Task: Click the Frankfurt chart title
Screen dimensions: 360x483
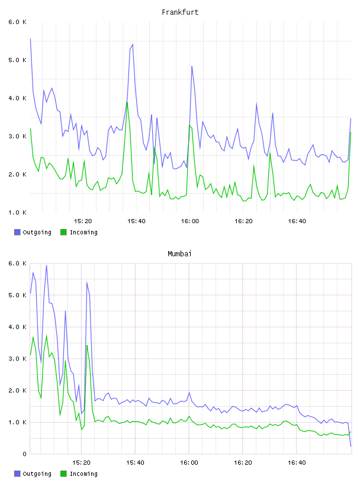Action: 180,12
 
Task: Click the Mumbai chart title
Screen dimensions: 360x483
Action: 179,253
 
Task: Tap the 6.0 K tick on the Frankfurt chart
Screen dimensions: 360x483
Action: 17,22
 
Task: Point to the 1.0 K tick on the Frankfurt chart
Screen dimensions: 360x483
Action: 17,212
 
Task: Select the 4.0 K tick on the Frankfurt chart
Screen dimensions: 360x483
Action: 17,98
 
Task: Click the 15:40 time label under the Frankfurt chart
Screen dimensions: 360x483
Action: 136,221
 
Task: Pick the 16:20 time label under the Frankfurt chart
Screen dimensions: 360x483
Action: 243,221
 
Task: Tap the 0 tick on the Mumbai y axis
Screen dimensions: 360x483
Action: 24,454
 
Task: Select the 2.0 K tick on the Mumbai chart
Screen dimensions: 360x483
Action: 17,390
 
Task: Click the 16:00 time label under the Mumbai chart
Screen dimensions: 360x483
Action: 189,462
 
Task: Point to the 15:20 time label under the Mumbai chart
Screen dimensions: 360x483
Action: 81,462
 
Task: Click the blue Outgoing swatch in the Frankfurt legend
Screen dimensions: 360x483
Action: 17,232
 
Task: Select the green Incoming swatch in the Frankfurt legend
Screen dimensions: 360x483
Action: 63,232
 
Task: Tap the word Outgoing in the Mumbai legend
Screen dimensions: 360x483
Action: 37,474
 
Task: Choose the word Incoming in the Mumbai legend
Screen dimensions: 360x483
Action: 83,474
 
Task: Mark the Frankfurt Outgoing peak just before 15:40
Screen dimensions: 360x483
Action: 133,44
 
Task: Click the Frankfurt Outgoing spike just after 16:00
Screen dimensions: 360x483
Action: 192,66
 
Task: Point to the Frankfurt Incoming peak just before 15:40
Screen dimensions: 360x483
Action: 127,102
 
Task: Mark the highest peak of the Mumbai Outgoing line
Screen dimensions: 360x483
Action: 47,265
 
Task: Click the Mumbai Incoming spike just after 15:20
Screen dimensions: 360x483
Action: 87,345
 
